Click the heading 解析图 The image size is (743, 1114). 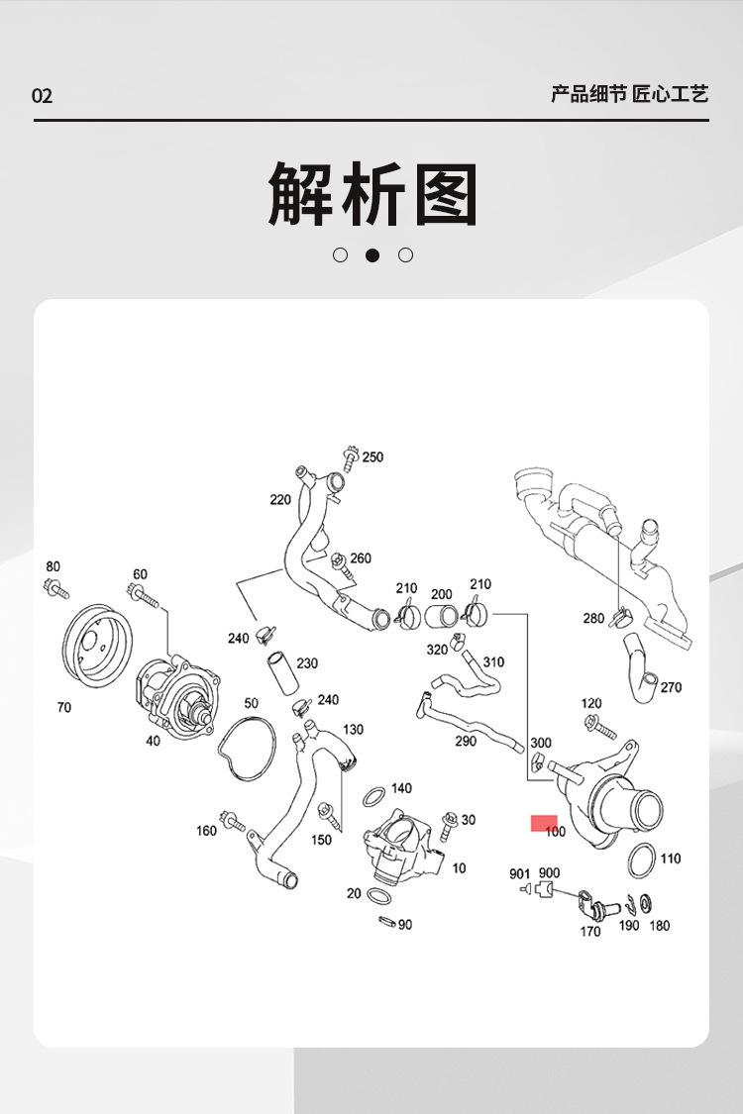pyautogui.click(x=372, y=195)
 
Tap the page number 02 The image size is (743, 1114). pyautogui.click(x=42, y=96)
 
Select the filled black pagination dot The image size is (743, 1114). pyautogui.click(x=372, y=254)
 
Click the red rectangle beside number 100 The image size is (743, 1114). pyautogui.click(x=544, y=823)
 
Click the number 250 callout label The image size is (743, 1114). pyautogui.click(x=372, y=457)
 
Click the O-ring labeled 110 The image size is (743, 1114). pyautogui.click(x=641, y=861)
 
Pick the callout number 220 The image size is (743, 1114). pyautogui.click(x=280, y=500)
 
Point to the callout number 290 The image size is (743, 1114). pyautogui.click(x=466, y=741)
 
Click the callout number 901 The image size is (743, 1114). pyautogui.click(x=520, y=873)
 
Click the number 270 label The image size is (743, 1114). pyautogui.click(x=671, y=687)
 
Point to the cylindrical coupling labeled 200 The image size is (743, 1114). pyautogui.click(x=442, y=618)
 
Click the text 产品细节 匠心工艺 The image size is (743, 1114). pyautogui.click(x=630, y=95)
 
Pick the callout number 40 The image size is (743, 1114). pyautogui.click(x=153, y=741)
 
